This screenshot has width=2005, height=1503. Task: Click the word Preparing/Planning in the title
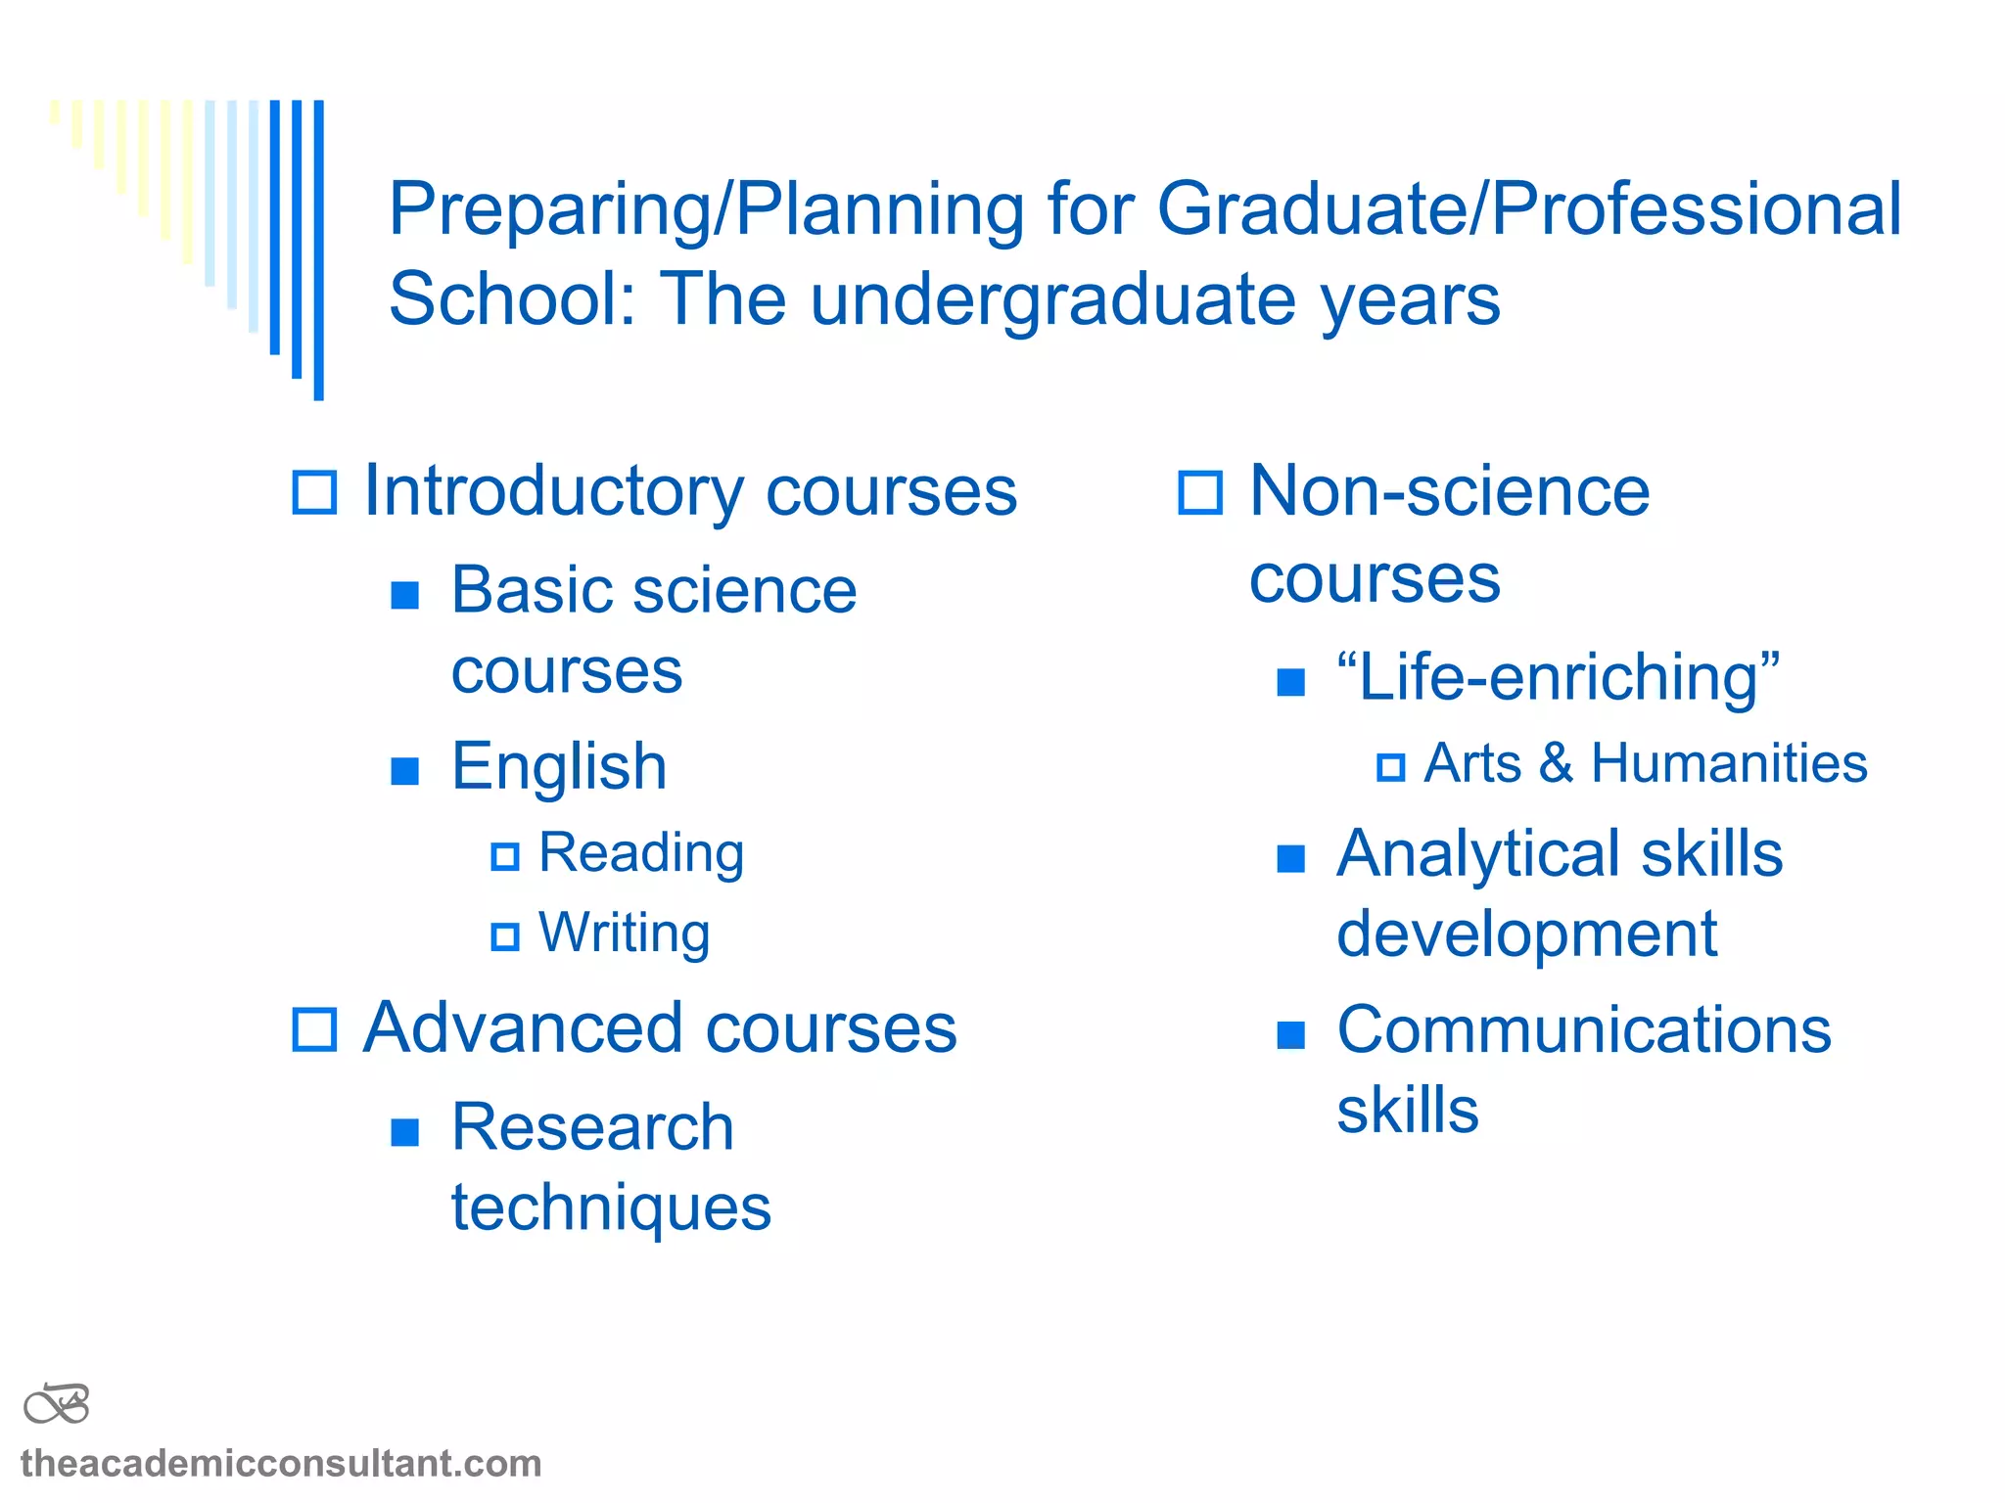click(707, 209)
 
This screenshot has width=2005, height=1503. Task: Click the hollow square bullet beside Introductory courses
click(315, 492)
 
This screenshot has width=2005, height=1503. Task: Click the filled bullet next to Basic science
click(404, 594)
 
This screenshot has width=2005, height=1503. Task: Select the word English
click(559, 766)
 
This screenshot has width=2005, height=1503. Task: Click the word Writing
click(624, 933)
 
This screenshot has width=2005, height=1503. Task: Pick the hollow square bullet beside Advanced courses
click(315, 1029)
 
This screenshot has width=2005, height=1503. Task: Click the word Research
click(592, 1127)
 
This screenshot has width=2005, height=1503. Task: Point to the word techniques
click(611, 1208)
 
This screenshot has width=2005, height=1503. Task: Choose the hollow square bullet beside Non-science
click(1200, 492)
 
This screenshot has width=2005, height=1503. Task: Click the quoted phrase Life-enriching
click(1559, 677)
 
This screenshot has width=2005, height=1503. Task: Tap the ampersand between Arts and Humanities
click(1556, 763)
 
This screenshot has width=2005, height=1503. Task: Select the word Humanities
click(1729, 763)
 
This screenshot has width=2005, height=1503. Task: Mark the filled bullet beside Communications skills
click(1291, 1034)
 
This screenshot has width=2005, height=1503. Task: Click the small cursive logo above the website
click(57, 1404)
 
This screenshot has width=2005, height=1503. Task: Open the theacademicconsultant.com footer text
click(281, 1464)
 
